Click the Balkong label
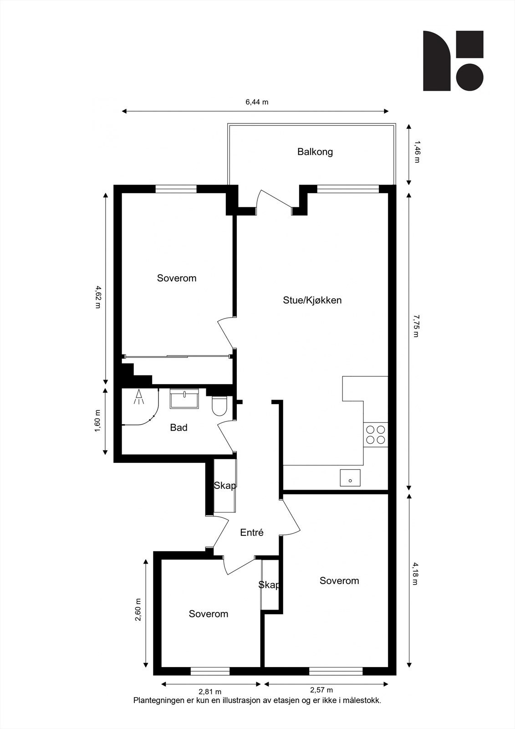click(315, 152)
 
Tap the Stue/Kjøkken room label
click(312, 300)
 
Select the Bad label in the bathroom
click(178, 427)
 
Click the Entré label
click(251, 533)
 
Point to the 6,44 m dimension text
click(257, 102)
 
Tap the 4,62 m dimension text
click(97, 297)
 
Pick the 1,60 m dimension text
click(97, 421)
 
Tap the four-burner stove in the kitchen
click(376, 435)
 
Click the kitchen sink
click(350, 478)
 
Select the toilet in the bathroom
click(219, 406)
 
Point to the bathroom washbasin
click(184, 398)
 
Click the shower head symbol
click(139, 397)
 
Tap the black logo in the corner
click(453, 61)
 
